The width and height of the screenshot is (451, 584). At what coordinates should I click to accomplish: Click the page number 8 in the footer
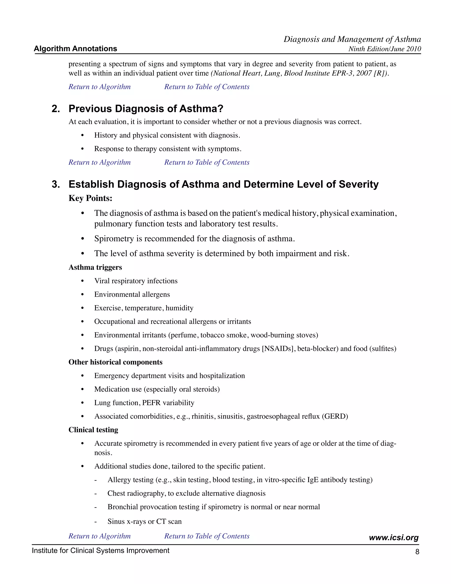(x=417, y=552)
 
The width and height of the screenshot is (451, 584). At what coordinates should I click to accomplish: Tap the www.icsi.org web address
(x=394, y=538)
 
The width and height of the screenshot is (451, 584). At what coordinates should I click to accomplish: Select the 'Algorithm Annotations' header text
(x=75, y=49)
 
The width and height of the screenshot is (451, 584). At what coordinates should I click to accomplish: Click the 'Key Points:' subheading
(x=90, y=198)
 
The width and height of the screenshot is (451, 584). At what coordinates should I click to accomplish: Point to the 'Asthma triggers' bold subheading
(x=95, y=267)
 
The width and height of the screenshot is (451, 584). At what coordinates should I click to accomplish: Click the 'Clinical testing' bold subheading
(x=93, y=430)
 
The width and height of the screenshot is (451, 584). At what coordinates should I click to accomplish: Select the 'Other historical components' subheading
(x=115, y=362)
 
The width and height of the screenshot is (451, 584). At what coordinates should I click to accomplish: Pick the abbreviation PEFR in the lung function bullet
(x=152, y=403)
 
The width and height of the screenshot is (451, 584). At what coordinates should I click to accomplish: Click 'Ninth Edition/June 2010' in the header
(x=384, y=49)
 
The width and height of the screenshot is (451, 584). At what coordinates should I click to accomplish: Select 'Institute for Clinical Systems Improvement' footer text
(x=100, y=551)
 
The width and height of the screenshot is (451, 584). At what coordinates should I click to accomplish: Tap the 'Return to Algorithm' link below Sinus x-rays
(x=99, y=536)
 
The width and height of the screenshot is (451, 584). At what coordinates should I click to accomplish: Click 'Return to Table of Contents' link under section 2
(x=207, y=162)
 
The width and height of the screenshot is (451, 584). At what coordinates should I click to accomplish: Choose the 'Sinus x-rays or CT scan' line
(x=144, y=521)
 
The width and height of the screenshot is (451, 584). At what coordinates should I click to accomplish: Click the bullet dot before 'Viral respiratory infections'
(x=83, y=281)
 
